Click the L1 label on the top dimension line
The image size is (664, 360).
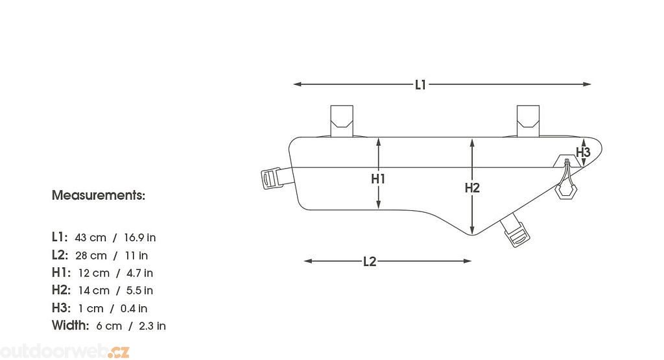click(420, 85)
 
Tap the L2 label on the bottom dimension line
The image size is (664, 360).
click(370, 261)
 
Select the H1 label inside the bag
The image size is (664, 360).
click(378, 179)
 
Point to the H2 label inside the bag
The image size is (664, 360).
click(472, 187)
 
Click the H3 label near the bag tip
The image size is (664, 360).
click(583, 152)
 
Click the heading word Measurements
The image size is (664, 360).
click(99, 195)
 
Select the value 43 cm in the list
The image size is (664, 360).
click(90, 237)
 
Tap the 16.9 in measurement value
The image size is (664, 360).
click(140, 237)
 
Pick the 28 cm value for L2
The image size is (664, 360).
click(91, 256)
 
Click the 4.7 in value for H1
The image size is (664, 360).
click(140, 273)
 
